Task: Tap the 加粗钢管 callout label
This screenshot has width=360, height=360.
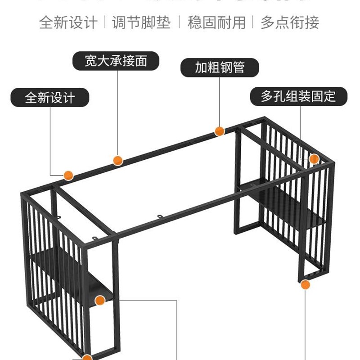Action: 220,67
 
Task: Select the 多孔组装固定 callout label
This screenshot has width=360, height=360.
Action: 298,96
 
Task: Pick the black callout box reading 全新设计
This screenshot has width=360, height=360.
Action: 50,98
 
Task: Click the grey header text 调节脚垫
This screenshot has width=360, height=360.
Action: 141,22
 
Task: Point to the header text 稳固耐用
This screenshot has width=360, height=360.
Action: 216,22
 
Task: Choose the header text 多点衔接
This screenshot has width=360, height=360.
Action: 290,22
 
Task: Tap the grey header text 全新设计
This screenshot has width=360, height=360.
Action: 68,22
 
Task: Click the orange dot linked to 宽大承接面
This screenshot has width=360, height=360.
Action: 117,160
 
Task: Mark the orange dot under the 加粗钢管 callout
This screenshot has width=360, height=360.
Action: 220,131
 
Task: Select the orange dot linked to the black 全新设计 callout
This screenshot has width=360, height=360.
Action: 68,175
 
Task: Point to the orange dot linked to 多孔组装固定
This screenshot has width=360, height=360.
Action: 314,158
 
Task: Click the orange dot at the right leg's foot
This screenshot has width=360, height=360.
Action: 306,284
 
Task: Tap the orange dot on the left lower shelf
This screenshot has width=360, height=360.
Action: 100,300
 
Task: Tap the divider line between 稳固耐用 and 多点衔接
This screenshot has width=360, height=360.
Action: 253,22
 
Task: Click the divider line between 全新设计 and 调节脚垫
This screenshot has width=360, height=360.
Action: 105,22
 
